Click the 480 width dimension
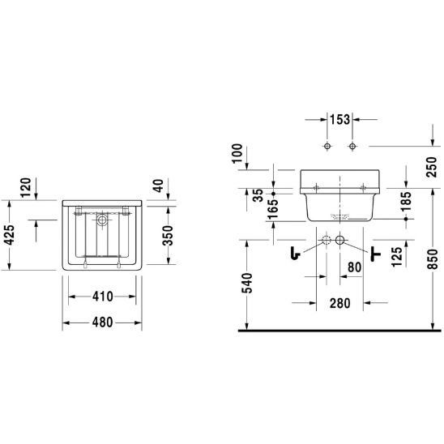103,322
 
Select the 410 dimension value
103,297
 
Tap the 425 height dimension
9,235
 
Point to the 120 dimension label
25,187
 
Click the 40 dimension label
159,186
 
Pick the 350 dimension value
168,235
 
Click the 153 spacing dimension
339,119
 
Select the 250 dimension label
432,167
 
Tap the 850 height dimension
432,259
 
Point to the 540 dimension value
246,283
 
